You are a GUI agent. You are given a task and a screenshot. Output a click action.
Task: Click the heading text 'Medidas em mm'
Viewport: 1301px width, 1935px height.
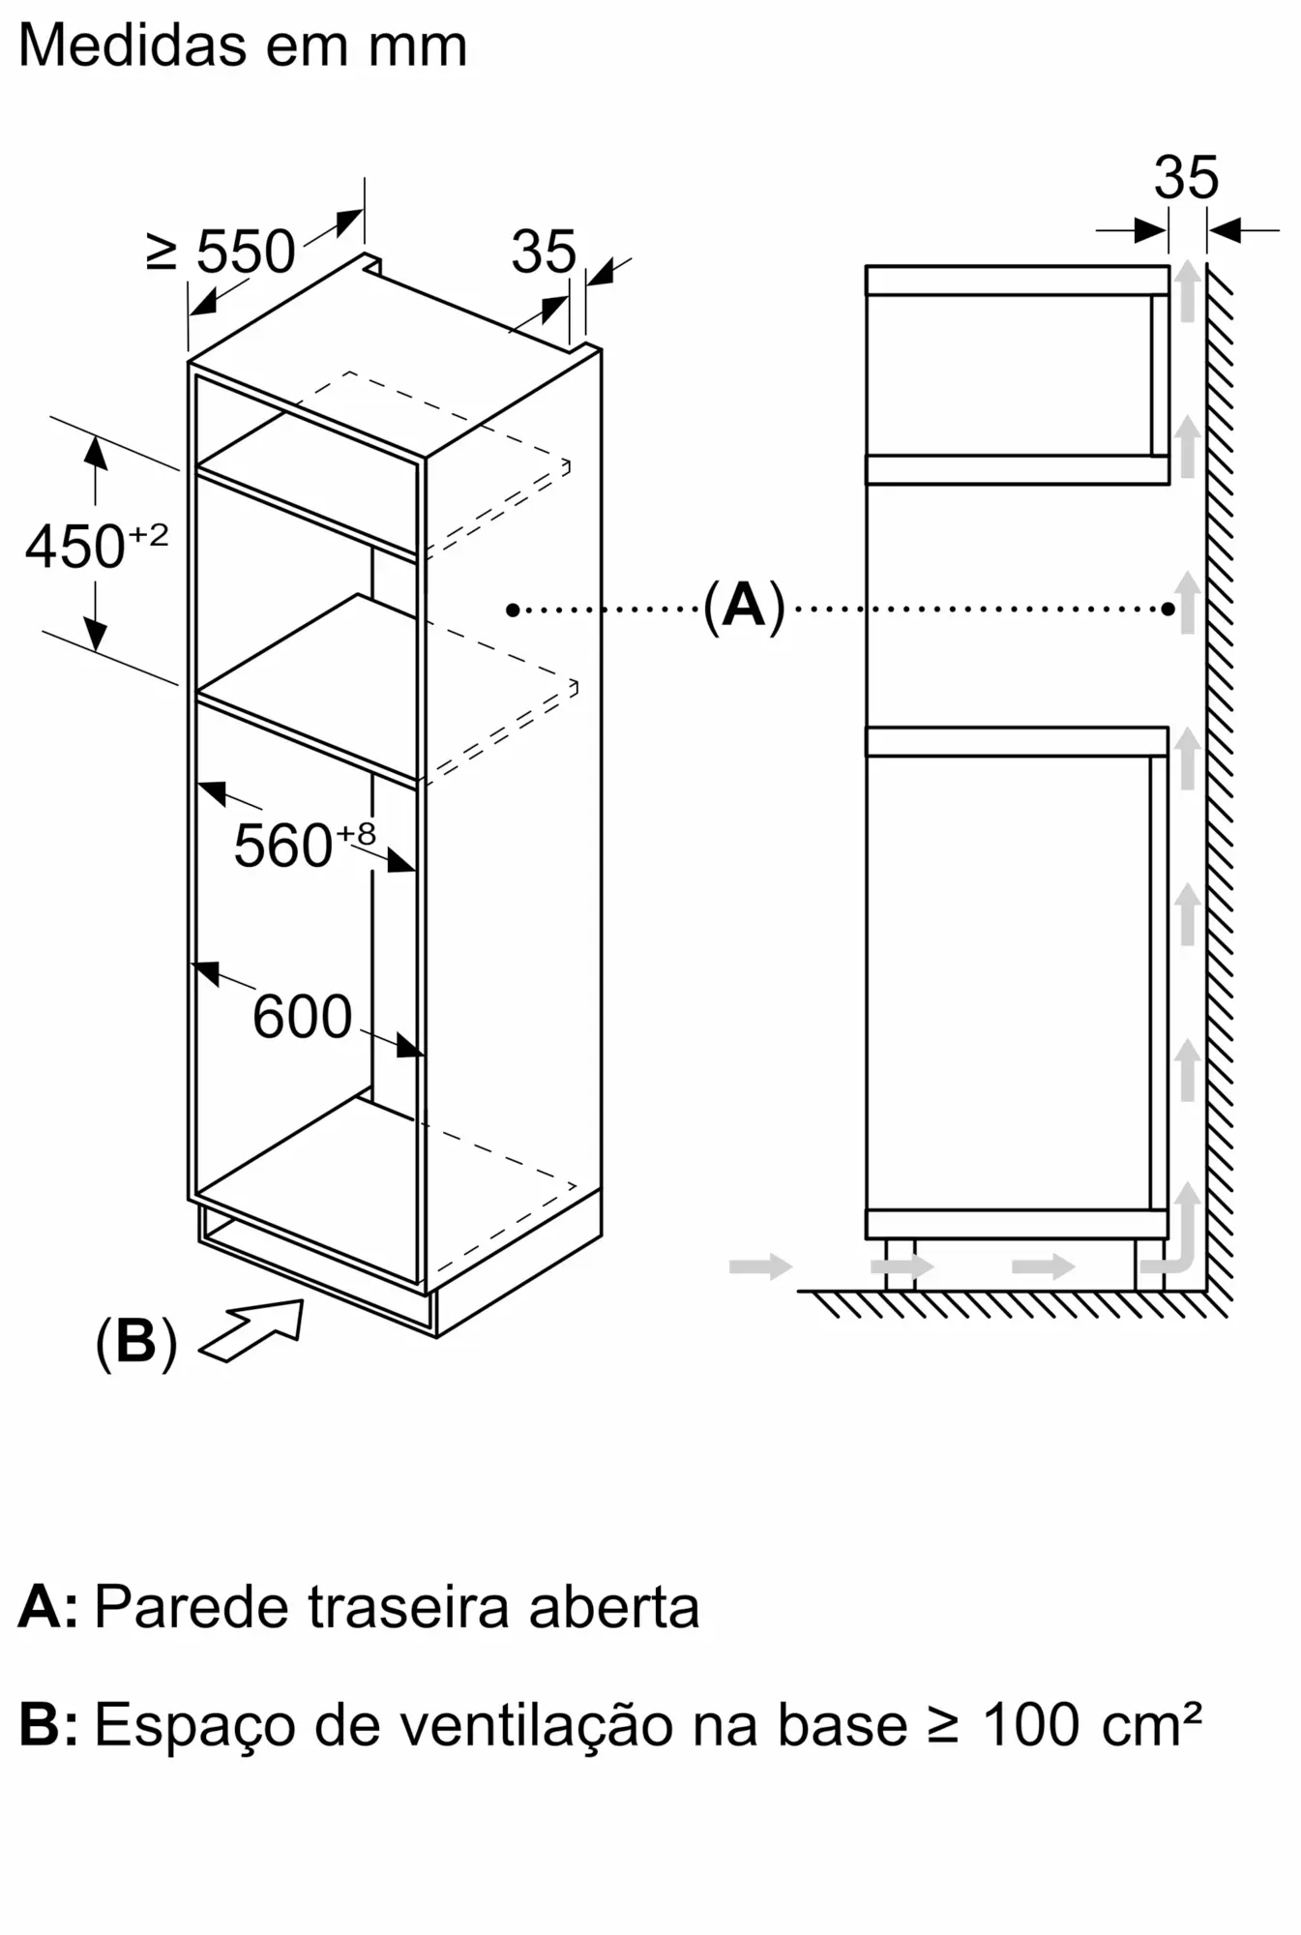pos(243,45)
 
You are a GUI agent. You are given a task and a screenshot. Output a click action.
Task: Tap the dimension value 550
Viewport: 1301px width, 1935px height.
pos(246,252)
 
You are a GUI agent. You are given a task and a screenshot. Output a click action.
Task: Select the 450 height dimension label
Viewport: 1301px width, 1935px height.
pos(75,547)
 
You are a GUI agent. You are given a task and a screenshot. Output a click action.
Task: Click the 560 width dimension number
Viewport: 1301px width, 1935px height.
pos(283,846)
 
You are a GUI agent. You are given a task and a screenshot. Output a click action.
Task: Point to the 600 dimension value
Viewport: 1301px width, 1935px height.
pos(302,1017)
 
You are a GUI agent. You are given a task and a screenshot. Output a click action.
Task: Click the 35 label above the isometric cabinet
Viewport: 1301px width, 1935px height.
pos(544,252)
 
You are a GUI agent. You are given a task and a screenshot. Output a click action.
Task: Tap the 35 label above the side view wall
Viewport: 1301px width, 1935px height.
pos(1186,178)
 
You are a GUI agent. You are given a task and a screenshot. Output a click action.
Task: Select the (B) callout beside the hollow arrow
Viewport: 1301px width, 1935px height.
pos(136,1342)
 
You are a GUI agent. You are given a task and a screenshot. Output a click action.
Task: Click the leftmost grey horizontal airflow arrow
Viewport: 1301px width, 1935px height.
pos(760,1265)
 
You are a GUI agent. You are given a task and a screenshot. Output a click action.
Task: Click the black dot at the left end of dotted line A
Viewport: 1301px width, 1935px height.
pos(513,610)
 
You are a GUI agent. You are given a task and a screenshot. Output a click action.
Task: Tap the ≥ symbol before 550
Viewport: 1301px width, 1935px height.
pos(163,252)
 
